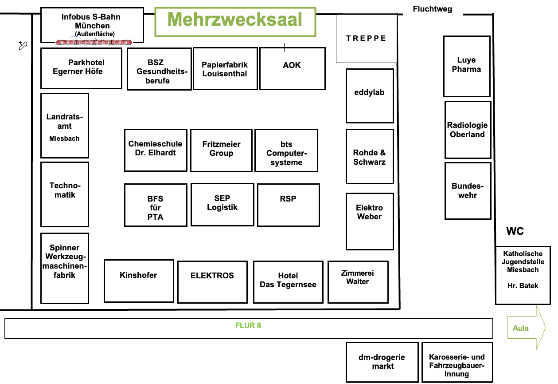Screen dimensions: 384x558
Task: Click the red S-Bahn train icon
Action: [94, 42]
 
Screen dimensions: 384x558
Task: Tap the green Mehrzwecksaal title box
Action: [235, 21]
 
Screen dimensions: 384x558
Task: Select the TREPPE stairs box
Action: [366, 38]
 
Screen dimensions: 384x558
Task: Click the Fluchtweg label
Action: [432, 9]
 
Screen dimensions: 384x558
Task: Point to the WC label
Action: [515, 231]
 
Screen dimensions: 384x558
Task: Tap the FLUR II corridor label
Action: [248, 326]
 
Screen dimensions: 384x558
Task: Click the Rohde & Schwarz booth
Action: [370, 157]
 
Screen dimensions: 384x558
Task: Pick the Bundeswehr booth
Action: [468, 191]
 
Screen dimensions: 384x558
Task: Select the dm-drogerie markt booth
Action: [382, 362]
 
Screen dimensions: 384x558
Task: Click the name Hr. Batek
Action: [523, 286]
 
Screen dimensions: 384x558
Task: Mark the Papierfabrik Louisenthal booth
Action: [225, 69]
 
